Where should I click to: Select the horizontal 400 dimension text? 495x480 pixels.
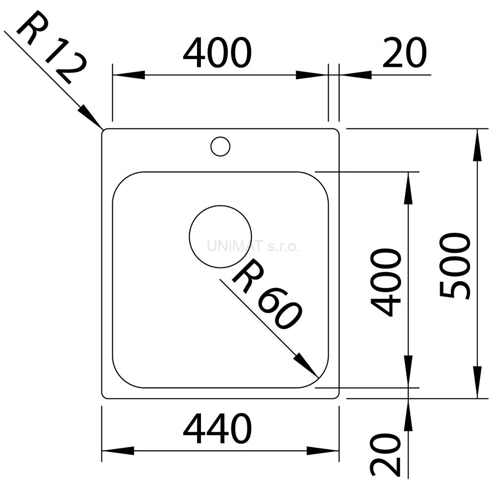(217, 53)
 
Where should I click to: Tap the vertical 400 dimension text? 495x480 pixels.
(386, 282)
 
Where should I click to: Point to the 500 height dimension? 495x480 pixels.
(455, 266)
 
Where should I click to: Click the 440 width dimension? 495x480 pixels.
(217, 428)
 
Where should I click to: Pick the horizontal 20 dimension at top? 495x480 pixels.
(404, 53)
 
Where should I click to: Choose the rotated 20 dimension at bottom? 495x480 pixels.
(386, 455)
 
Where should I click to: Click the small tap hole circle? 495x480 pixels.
(220, 137)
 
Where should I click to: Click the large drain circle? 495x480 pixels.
(220, 206)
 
